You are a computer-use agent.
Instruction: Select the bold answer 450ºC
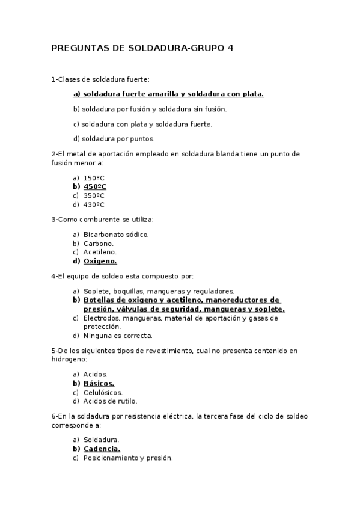95,186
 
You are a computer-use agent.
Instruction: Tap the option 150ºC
94,178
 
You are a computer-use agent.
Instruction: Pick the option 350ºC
94,195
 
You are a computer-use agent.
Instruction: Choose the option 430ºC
94,204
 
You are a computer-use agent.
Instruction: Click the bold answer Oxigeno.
100,261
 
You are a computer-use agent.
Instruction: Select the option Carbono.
98,243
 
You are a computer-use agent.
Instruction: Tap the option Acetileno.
100,252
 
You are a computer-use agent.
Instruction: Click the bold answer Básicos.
99,383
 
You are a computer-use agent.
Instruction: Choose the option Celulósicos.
103,392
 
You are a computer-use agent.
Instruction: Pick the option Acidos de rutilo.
110,401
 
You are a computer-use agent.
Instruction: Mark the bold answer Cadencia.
102,449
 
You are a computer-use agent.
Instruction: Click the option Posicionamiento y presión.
128,458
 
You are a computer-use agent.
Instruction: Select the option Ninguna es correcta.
118,336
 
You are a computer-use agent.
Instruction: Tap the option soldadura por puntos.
114,138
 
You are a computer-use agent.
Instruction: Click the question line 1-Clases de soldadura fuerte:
100,79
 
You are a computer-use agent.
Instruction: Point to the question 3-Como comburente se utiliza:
103,219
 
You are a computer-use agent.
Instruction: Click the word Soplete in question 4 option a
95,291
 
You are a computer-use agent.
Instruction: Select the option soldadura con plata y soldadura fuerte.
142,124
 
